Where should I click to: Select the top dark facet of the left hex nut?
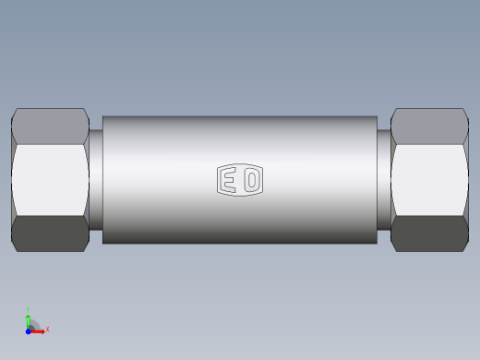50,126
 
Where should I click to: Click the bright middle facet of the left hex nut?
50,180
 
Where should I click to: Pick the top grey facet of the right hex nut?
429,126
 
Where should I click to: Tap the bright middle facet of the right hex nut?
429,180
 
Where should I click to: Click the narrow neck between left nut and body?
96,180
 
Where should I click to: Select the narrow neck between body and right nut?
384,180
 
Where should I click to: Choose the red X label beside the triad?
47,329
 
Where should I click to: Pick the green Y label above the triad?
29,310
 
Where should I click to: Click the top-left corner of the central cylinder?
103,117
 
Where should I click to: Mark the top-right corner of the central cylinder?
377,117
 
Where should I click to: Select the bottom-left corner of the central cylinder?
103,244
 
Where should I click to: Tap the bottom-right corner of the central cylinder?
377,244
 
